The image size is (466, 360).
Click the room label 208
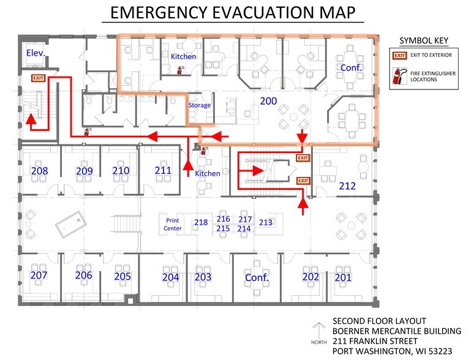click(x=40, y=171)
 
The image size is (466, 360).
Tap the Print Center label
click(x=173, y=224)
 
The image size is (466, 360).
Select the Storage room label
click(x=200, y=105)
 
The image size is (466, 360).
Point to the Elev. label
click(x=36, y=53)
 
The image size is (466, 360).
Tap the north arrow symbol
click(x=318, y=331)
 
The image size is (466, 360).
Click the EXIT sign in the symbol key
click(x=399, y=55)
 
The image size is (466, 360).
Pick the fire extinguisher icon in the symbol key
click(x=399, y=76)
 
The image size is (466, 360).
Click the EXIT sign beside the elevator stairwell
click(x=38, y=78)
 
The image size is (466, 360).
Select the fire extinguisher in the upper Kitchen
click(x=180, y=70)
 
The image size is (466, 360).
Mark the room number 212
click(x=347, y=186)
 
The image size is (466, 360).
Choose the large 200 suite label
click(x=268, y=101)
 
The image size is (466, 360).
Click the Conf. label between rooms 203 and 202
click(x=257, y=277)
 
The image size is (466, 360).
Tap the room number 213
click(x=265, y=222)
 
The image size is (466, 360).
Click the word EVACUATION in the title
click(x=260, y=12)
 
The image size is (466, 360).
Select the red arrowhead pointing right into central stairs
click(x=258, y=170)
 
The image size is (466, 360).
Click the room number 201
click(x=343, y=277)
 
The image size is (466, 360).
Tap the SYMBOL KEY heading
click(x=424, y=40)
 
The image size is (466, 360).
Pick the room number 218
click(x=201, y=222)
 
